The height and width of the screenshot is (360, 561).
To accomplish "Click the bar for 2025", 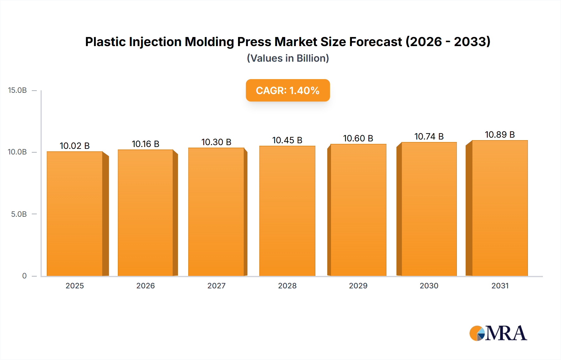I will click(75, 214).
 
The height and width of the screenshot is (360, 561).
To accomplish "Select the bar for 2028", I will click(287, 211).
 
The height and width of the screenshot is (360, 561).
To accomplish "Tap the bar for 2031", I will click(500, 208).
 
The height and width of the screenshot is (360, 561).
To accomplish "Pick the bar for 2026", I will click(146, 213).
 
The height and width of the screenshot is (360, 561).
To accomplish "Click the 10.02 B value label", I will click(75, 146).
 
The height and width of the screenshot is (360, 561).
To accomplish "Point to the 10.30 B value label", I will click(216, 142).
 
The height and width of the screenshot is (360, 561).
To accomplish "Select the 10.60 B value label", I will click(358, 138).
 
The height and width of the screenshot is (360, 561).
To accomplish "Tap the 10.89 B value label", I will click(500, 135).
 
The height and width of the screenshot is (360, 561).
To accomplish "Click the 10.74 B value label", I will click(429, 136).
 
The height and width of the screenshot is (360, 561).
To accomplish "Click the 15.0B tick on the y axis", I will click(17, 90).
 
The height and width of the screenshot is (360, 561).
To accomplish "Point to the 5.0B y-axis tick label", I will click(19, 214).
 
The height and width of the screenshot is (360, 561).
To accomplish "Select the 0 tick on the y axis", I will click(24, 276).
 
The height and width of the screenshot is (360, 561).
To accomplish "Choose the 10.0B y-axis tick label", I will click(17, 152).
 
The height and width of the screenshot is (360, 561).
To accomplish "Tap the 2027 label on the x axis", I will click(216, 286).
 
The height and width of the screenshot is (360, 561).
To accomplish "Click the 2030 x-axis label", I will click(429, 286).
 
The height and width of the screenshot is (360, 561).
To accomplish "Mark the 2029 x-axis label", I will click(358, 286).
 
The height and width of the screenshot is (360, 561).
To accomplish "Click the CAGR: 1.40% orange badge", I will click(288, 90).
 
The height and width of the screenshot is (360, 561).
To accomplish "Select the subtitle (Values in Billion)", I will click(288, 58).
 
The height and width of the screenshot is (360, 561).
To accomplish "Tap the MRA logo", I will click(498, 333).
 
